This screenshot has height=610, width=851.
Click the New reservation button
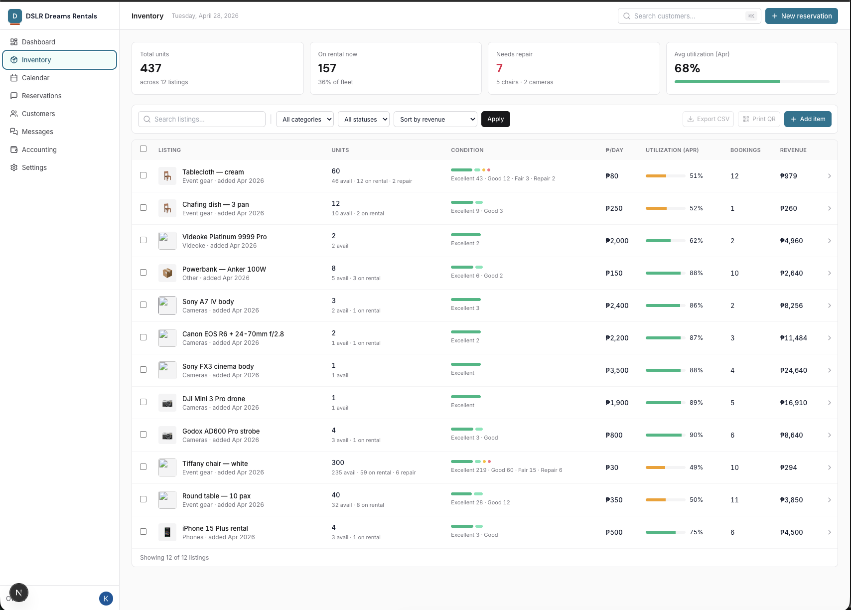(x=801, y=16)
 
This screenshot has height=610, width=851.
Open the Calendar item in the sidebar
(x=36, y=78)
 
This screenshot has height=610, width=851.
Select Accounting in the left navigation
(x=39, y=150)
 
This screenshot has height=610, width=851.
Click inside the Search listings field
(x=202, y=119)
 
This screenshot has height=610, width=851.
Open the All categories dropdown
(x=304, y=119)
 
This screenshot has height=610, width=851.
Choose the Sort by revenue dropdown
(x=435, y=119)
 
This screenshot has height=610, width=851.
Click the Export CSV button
(x=708, y=119)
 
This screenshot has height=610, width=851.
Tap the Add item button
(x=807, y=119)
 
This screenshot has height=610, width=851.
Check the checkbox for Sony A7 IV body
(x=143, y=305)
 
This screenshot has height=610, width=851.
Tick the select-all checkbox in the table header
(x=143, y=149)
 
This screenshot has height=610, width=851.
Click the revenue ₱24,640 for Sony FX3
(x=793, y=370)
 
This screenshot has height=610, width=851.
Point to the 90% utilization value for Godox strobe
(x=696, y=435)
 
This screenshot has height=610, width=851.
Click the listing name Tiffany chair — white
(x=215, y=463)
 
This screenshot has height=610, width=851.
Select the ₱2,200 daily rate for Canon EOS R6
(x=617, y=338)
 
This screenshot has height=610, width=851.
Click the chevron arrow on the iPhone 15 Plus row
(x=829, y=532)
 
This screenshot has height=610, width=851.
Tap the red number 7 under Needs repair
(x=499, y=68)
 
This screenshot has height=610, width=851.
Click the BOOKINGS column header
(x=745, y=150)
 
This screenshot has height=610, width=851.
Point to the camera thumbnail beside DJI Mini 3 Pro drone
(x=167, y=403)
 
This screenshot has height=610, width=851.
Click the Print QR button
(x=759, y=119)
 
